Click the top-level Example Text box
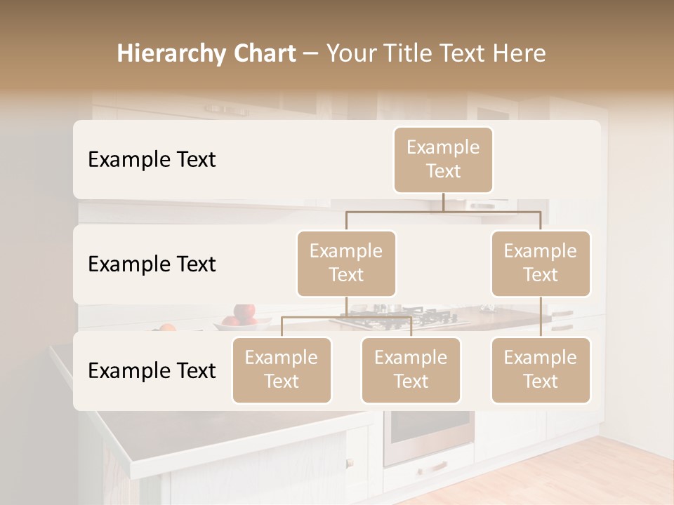pos(443,160)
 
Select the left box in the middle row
pos(346,264)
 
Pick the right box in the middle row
pos(541,264)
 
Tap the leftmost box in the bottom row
pos(282,370)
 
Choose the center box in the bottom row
pos(411,370)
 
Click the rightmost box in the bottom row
pos(541,370)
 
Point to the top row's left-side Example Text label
pos(152,160)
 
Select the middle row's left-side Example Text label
pos(152,264)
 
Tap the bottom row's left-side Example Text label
pos(152,371)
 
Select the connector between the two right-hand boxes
pos(541,317)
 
